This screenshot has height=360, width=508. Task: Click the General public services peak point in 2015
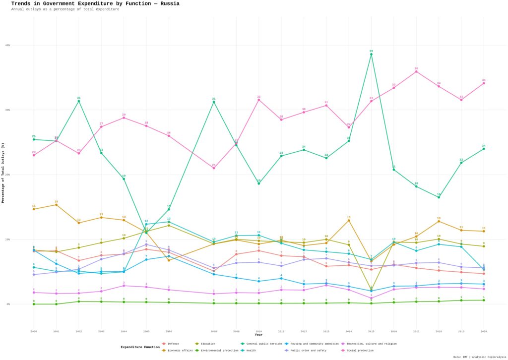pyautogui.click(x=371, y=54)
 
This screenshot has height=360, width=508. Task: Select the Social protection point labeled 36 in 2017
pyautogui.click(x=416, y=71)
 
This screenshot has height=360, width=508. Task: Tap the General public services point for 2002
pyautogui.click(x=78, y=101)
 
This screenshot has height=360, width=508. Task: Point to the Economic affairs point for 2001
pyautogui.click(x=56, y=205)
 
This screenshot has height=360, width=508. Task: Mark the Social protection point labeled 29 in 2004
pyautogui.click(x=124, y=118)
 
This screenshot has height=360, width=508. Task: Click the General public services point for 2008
pyautogui.click(x=214, y=102)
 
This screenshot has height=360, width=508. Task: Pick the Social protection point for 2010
pyautogui.click(x=258, y=100)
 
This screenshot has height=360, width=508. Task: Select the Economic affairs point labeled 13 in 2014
pyautogui.click(x=349, y=220)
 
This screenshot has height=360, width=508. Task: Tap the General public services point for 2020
pyautogui.click(x=484, y=149)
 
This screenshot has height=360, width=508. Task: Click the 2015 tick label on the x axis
pyautogui.click(x=371, y=331)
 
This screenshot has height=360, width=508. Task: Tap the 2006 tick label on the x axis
pyautogui.click(x=169, y=331)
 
